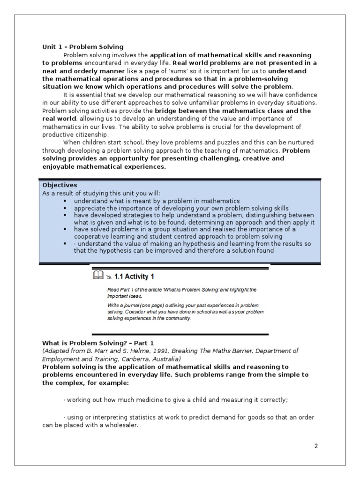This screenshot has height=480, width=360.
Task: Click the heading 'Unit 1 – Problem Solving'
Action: [x=83, y=47]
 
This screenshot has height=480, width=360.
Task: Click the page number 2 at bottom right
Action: [x=316, y=446]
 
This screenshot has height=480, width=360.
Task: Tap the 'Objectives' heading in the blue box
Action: [x=60, y=185]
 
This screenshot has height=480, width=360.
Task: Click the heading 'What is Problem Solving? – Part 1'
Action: [x=98, y=343]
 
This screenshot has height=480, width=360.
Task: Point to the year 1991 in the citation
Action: [x=150, y=351]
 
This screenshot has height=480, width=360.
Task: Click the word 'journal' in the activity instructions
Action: [x=128, y=305]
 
